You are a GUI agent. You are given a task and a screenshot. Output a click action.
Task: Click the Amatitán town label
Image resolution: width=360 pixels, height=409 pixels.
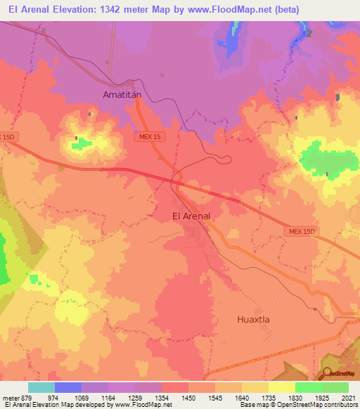pyautogui.click(x=123, y=93)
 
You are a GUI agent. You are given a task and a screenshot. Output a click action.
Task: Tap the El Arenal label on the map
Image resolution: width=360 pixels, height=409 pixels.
pyautogui.click(x=191, y=216)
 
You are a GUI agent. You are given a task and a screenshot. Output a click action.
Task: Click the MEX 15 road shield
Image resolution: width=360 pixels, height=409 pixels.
pyautogui.click(x=150, y=138)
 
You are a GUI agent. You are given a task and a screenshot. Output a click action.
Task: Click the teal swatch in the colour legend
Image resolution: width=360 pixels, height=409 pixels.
pyautogui.click(x=41, y=387)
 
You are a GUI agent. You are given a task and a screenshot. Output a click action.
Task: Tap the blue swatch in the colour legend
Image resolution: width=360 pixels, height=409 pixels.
pyautogui.click(x=68, y=387)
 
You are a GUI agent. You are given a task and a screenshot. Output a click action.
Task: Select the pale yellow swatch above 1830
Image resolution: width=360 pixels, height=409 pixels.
pyautogui.click(x=282, y=387)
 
